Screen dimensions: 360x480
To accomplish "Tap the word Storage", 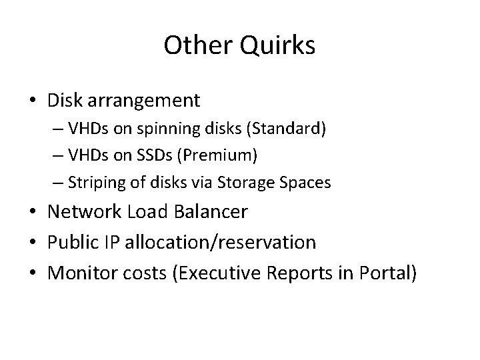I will (x=255, y=182).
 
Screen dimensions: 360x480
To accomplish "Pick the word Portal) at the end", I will (x=389, y=271).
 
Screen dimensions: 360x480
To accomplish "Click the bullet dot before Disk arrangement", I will (x=33, y=102).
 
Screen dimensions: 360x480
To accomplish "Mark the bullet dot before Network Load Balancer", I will (x=33, y=213).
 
